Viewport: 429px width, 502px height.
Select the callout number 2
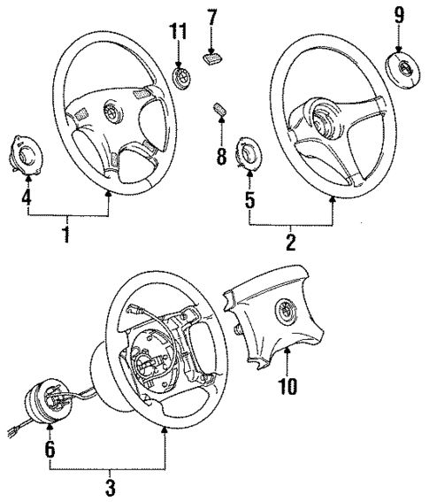[289, 240]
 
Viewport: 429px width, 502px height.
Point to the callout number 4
[27, 197]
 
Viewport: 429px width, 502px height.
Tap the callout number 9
[399, 15]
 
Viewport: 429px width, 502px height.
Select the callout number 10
[289, 386]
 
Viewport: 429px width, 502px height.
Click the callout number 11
[180, 33]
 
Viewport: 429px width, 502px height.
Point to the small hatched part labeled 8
[219, 111]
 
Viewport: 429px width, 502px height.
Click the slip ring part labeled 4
[27, 150]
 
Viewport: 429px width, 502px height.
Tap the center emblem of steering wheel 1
[113, 112]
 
